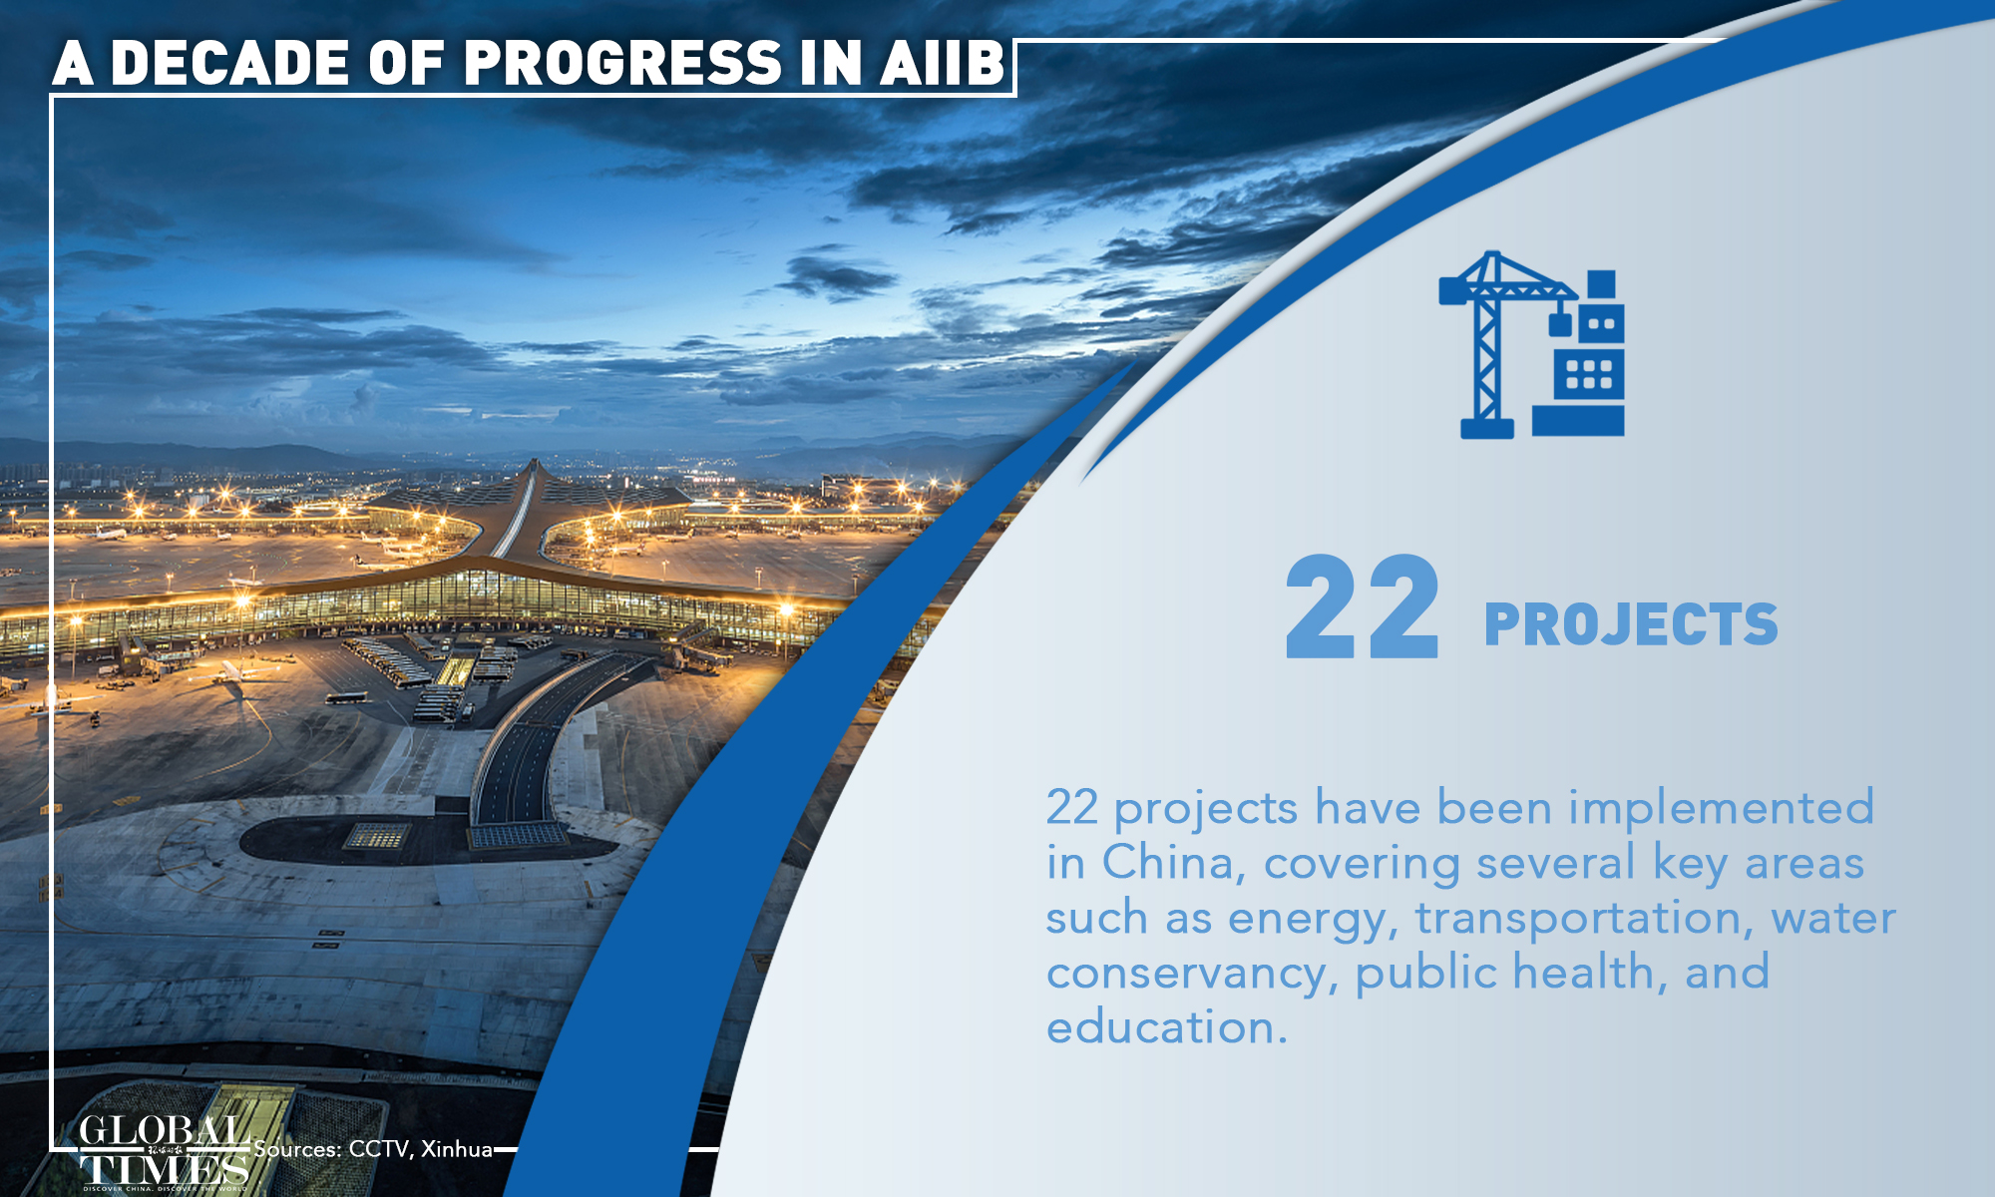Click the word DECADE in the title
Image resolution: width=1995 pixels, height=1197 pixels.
point(229,63)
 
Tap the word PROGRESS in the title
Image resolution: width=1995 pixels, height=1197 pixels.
point(623,63)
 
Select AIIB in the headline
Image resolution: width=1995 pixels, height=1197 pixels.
point(943,63)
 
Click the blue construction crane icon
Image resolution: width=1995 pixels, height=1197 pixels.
point(1532,344)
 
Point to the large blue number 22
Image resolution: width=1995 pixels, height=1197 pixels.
point(1363,607)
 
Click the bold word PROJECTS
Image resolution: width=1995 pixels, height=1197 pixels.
point(1631,625)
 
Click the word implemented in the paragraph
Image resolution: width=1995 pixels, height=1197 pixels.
point(1722,808)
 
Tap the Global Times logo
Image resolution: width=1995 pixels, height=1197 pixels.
point(165,1152)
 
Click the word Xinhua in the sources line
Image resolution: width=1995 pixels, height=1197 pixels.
point(457,1149)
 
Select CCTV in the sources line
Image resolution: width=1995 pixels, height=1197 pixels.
point(378,1150)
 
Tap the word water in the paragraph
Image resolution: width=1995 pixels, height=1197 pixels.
point(1833,919)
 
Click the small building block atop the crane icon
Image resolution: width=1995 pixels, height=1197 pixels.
point(1601,284)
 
